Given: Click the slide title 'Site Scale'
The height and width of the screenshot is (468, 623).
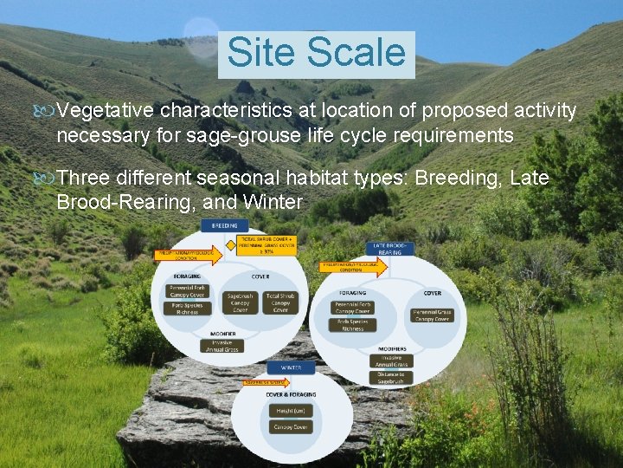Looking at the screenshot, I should pyautogui.click(x=316, y=53).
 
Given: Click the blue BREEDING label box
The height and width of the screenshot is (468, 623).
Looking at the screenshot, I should pyautogui.click(x=224, y=225).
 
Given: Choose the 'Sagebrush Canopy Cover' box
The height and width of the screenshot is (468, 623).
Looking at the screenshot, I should pyautogui.click(x=240, y=302).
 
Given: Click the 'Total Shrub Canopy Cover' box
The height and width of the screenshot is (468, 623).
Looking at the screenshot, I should pyautogui.click(x=280, y=302).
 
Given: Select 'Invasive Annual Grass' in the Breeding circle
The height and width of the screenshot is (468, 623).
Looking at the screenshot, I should pyautogui.click(x=215, y=346).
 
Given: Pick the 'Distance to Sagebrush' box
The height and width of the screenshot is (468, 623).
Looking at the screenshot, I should pyautogui.click(x=391, y=378).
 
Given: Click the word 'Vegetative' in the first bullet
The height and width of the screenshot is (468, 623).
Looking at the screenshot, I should pyautogui.click(x=106, y=111).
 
